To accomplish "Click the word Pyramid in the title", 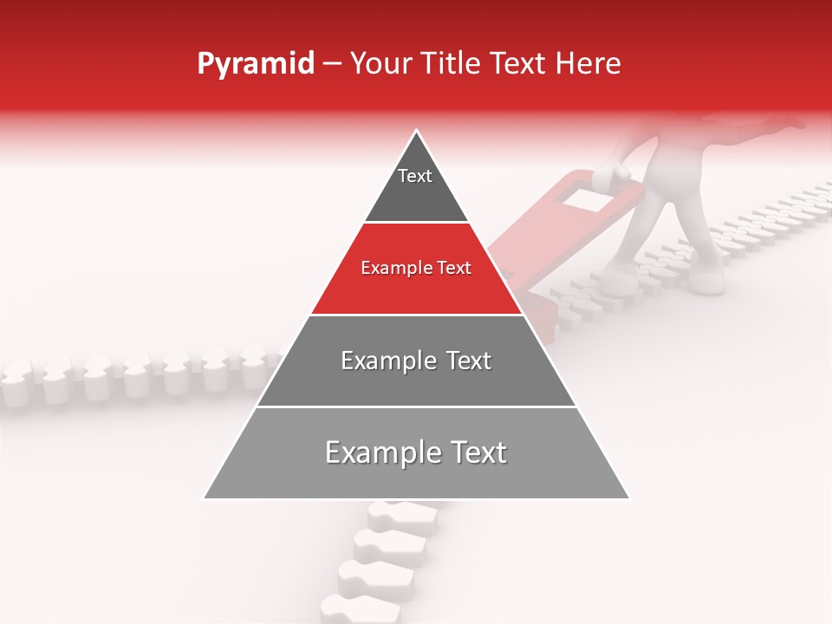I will (x=255, y=64).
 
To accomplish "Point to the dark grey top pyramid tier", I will (x=416, y=186).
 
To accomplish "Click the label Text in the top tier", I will (x=415, y=176).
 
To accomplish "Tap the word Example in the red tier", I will (x=393, y=269).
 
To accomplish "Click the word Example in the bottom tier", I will (x=384, y=453).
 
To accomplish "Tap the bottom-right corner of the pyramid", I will (x=628, y=498).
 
